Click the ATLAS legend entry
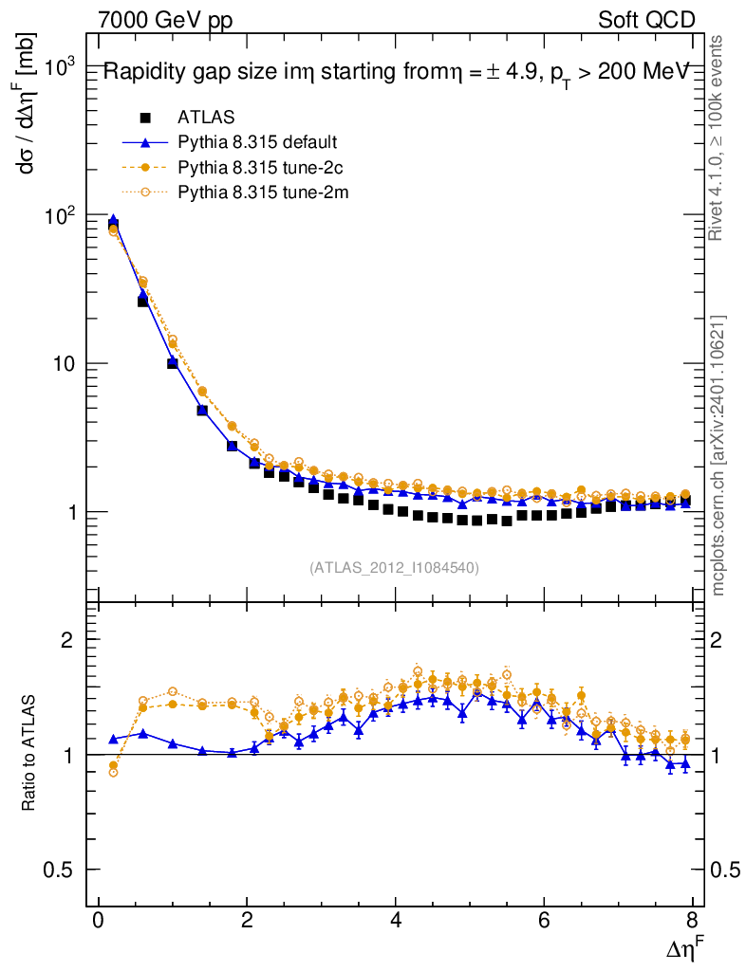point(205,118)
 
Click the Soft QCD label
point(646,20)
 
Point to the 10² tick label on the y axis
point(64,216)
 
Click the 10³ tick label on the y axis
point(64,68)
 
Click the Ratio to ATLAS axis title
point(29,754)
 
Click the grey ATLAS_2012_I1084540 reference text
point(394,568)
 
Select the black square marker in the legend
point(145,118)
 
